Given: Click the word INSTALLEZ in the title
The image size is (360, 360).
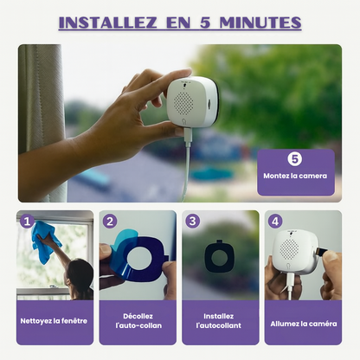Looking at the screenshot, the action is click(108, 22).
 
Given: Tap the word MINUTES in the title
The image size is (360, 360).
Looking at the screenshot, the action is click(260, 22).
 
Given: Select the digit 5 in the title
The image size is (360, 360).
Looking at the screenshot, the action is click(205, 22).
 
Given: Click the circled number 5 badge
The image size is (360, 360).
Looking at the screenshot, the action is click(295, 159).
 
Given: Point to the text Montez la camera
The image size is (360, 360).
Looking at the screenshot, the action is click(295, 176).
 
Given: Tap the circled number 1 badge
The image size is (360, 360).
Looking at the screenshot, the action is click(27, 222).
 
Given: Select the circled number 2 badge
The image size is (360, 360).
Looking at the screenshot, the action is click(110, 222).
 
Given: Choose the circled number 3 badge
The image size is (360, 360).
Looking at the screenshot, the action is click(192, 222).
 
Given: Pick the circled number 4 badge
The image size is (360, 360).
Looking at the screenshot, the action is click(275, 222).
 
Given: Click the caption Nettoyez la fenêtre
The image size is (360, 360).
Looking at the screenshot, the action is click(54, 321).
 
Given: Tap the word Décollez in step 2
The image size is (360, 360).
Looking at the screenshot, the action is click(138, 316).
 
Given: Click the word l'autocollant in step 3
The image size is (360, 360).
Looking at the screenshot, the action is click(219, 325).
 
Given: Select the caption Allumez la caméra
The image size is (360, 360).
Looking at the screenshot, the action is click(304, 324).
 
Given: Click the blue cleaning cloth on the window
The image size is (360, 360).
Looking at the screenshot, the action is click(44, 241).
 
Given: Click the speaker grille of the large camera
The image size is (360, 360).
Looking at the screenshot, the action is click(183, 103).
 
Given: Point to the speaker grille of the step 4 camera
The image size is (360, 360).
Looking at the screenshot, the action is click(289, 248).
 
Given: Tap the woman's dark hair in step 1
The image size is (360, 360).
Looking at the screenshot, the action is click(80, 274).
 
